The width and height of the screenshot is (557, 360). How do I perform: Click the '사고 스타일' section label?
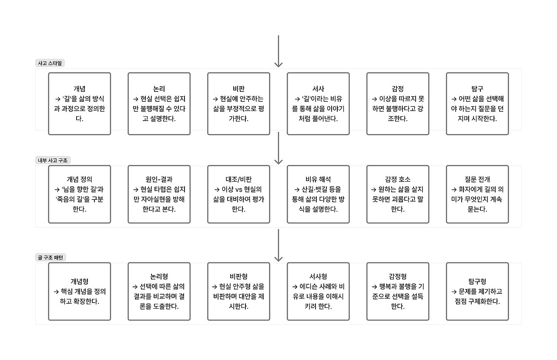click(x=50, y=63)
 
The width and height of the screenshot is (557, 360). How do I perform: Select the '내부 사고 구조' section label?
click(x=53, y=160)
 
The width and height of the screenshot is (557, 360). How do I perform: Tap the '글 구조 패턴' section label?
click(x=50, y=257)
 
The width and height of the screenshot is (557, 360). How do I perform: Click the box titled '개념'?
click(x=80, y=104)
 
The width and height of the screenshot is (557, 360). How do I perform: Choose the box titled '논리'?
click(x=159, y=104)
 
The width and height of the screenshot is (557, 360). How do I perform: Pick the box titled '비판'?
click(x=238, y=104)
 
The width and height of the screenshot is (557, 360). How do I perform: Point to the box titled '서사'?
click(x=318, y=104)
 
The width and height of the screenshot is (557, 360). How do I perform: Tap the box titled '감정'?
click(x=398, y=104)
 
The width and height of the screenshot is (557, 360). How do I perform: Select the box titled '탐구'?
click(x=477, y=104)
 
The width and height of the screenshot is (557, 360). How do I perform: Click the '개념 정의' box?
click(x=80, y=194)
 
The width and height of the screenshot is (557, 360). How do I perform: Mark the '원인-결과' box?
click(x=159, y=194)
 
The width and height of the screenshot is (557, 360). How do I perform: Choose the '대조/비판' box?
click(x=238, y=194)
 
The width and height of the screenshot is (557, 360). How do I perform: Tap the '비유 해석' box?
click(x=318, y=194)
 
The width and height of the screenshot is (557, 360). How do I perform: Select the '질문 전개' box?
click(x=477, y=194)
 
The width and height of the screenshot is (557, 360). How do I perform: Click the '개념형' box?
click(x=80, y=291)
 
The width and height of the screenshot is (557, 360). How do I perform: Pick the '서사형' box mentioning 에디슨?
click(x=318, y=291)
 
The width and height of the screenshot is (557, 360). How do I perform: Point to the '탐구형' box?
click(x=477, y=291)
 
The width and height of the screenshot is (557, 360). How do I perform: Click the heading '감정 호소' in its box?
click(x=398, y=179)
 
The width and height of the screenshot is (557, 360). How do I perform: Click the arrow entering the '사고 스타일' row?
click(x=278, y=51)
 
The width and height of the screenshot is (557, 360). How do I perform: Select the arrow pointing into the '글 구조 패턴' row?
click(x=278, y=246)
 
